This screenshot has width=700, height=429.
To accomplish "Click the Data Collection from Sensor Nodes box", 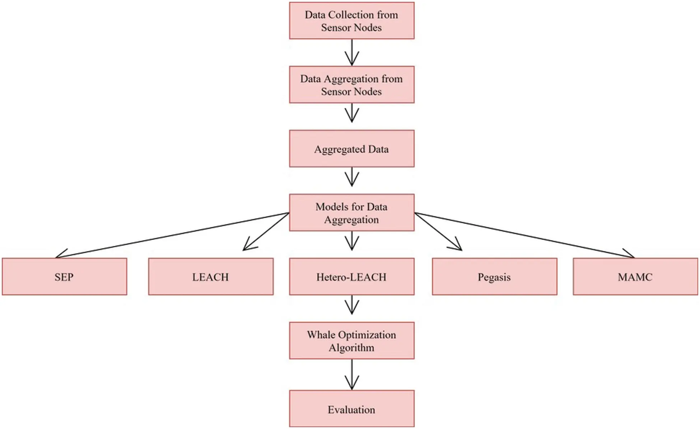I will pyautogui.click(x=351, y=21).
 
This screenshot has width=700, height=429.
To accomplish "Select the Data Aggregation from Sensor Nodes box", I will pyautogui.click(x=351, y=85).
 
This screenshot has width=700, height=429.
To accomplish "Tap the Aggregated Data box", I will pyautogui.click(x=351, y=149).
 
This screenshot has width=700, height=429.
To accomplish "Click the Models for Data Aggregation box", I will pyautogui.click(x=351, y=213).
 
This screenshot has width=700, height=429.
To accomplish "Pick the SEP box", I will pyautogui.click(x=64, y=277).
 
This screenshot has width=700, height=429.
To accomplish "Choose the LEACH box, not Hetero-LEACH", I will pyautogui.click(x=211, y=277).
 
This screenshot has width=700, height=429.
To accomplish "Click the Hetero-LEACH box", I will pyautogui.click(x=351, y=277).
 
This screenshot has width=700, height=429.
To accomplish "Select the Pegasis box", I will pyautogui.click(x=494, y=277).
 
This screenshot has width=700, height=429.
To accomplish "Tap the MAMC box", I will pyautogui.click(x=635, y=277).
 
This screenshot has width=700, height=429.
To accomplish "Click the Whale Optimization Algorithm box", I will pyautogui.click(x=351, y=341).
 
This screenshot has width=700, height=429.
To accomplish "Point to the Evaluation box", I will pyautogui.click(x=351, y=409).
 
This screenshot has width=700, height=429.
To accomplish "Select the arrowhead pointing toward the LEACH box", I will pyautogui.click(x=248, y=246).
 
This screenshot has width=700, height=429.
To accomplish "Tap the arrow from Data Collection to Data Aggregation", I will pyautogui.click(x=351, y=52).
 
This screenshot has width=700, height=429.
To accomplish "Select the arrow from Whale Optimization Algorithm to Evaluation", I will pyautogui.click(x=351, y=374).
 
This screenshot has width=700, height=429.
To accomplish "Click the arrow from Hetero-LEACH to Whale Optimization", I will pyautogui.click(x=351, y=305).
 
